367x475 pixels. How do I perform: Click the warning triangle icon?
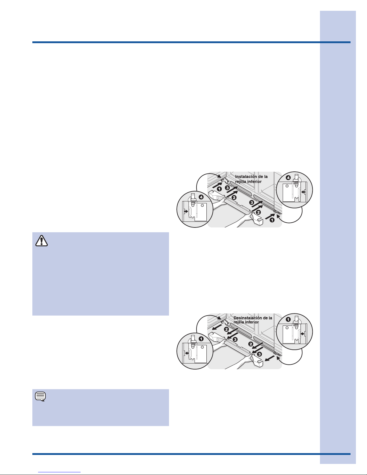click(x=42, y=241)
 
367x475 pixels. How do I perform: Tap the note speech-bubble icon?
click(x=40, y=396)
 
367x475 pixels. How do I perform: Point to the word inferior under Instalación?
click(x=254, y=182)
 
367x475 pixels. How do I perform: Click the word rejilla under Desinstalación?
click(x=239, y=322)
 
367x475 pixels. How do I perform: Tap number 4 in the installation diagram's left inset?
click(x=201, y=197)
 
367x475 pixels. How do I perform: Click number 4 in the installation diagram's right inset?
click(x=288, y=178)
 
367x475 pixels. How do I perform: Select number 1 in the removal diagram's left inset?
click(x=201, y=339)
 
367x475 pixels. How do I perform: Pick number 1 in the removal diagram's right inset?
click(x=288, y=319)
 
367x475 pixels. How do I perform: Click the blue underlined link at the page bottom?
click(x=59, y=472)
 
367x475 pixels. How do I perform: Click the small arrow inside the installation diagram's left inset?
click(x=186, y=211)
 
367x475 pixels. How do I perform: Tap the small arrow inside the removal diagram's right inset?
click(x=302, y=334)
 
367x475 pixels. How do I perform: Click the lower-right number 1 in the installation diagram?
click(x=272, y=220)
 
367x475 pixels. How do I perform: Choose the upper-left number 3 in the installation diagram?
click(x=227, y=188)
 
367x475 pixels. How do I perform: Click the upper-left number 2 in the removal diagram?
click(x=226, y=329)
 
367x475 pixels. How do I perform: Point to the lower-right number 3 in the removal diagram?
click(x=259, y=354)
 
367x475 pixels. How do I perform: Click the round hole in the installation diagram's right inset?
click(x=287, y=186)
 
